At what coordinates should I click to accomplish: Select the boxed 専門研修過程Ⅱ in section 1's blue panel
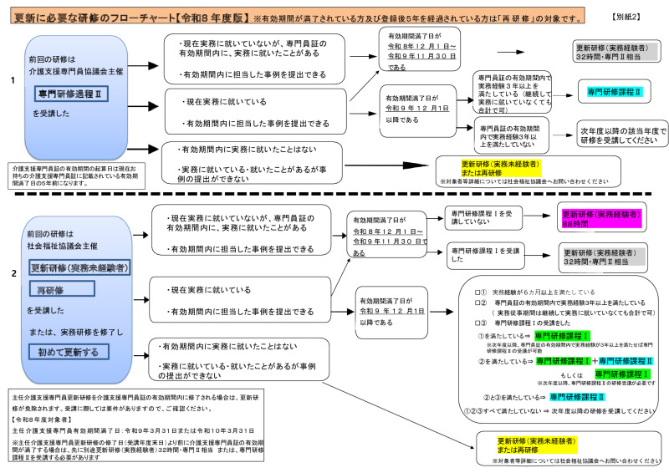(76, 94)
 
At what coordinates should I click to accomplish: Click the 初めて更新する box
(68, 352)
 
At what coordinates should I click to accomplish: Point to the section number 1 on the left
(12, 80)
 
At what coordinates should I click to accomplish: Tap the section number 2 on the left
(12, 273)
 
